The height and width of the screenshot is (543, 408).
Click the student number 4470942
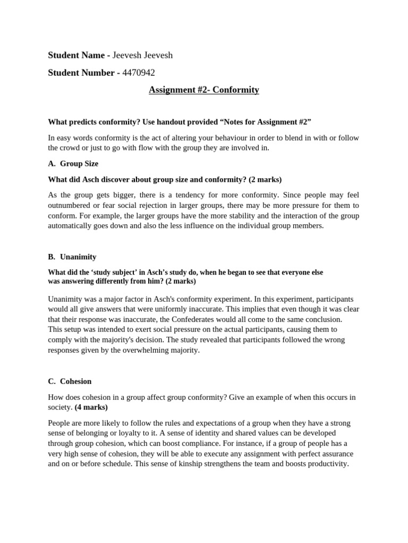[139, 73]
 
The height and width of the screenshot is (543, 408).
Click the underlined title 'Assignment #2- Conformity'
[204, 90]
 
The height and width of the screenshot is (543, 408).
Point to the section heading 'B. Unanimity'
[72, 257]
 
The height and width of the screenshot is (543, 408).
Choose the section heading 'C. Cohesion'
[70, 381]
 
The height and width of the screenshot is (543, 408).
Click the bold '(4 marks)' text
[91, 407]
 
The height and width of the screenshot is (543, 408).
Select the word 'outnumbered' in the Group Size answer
[69, 205]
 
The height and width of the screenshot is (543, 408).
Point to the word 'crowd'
[70, 148]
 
